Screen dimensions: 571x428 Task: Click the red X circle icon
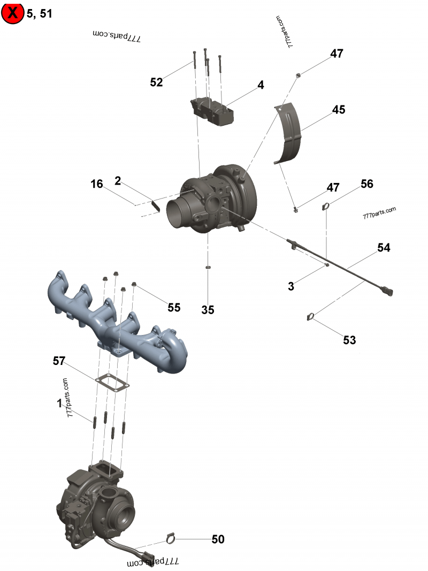[x=12, y=13]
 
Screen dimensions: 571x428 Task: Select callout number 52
[x=156, y=82]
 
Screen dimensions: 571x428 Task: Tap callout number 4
[x=261, y=85]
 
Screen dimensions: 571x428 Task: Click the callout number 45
[x=339, y=110]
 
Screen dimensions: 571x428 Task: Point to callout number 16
[x=96, y=184]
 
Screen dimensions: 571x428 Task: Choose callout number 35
[x=208, y=309]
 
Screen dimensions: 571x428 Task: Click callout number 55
[x=174, y=307]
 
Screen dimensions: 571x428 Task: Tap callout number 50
[x=218, y=539]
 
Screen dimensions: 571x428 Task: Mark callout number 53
[x=349, y=340]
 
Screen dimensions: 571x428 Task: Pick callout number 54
[x=384, y=248]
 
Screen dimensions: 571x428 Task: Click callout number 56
[x=366, y=184]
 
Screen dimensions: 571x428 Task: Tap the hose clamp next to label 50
[x=170, y=537]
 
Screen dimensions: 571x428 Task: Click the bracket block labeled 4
[x=212, y=111]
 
